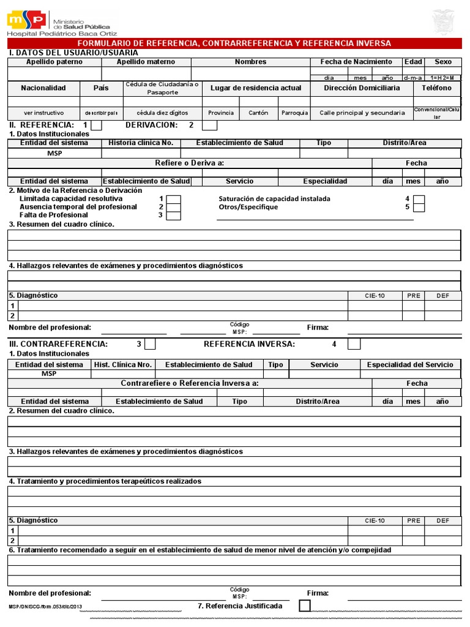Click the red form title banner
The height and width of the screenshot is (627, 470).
click(235, 43)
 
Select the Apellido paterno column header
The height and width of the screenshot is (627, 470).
click(54, 62)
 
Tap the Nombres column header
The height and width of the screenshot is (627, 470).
click(250, 62)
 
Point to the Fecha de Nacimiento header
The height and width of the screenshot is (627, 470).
click(356, 62)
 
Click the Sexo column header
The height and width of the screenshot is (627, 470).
click(443, 62)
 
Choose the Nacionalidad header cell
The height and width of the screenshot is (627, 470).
click(43, 88)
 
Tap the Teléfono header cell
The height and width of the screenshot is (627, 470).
click(436, 88)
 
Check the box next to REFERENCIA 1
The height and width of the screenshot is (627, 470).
click(96, 126)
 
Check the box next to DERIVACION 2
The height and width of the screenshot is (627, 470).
click(209, 126)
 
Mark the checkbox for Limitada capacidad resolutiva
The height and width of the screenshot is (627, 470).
click(174, 199)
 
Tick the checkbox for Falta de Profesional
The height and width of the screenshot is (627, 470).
click(174, 215)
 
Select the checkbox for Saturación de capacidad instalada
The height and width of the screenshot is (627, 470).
click(419, 199)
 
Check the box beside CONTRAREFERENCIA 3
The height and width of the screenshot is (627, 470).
click(149, 344)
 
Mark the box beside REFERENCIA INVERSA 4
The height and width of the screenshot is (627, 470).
click(354, 344)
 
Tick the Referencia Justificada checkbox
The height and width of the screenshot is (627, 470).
click(304, 606)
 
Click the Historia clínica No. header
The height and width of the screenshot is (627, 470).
click(141, 143)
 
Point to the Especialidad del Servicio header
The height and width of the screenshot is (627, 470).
click(410, 364)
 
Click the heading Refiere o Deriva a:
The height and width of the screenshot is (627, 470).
click(189, 163)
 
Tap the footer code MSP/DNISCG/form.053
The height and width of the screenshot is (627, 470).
click(45, 606)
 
